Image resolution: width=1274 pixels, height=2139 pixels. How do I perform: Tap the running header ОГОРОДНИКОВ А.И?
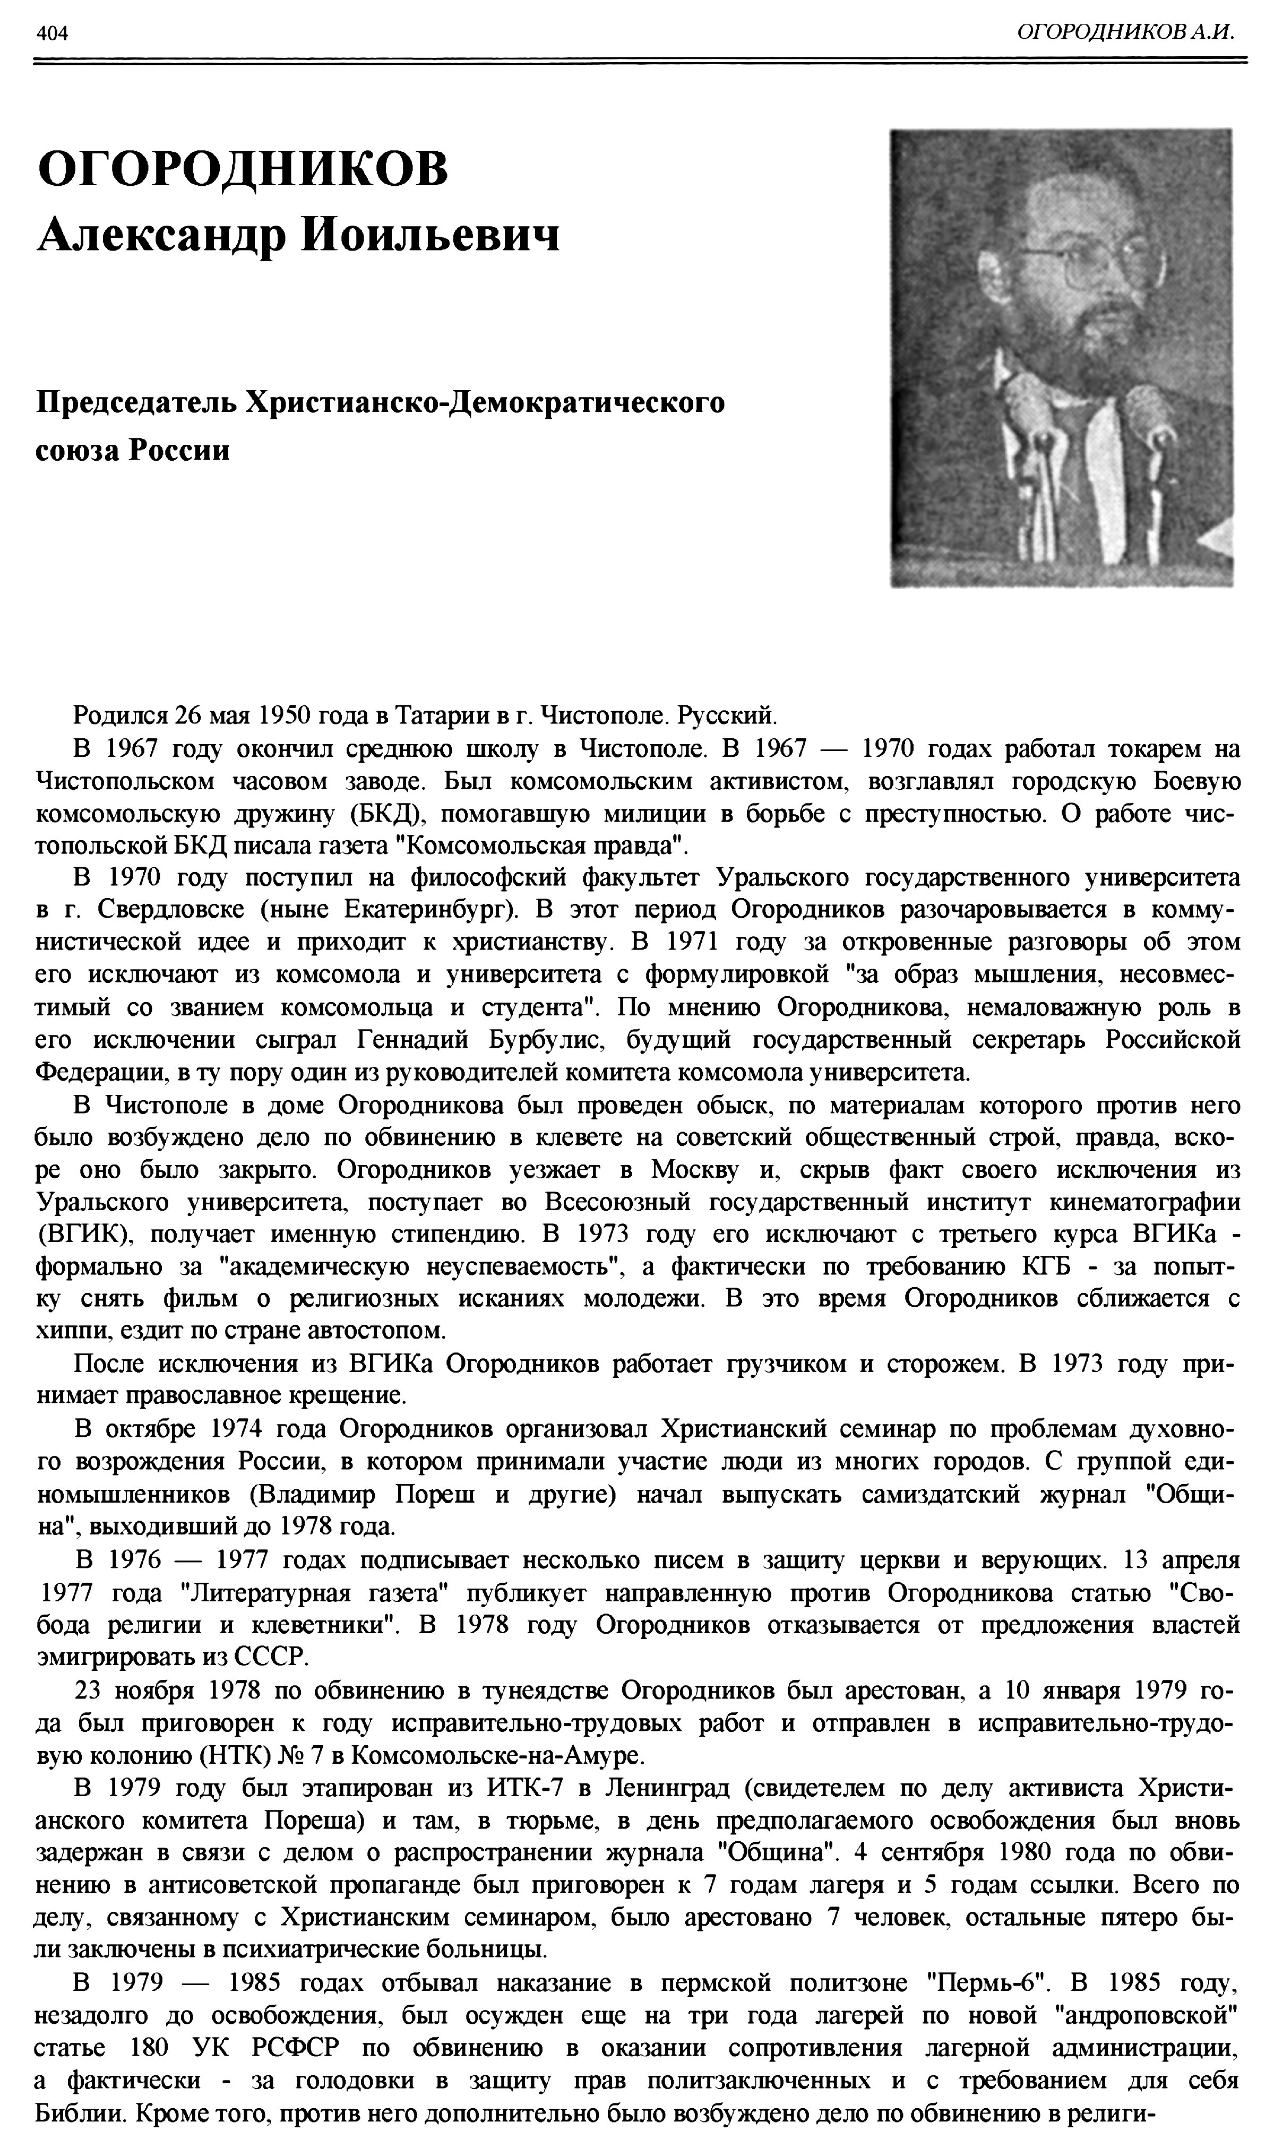point(1125,32)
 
